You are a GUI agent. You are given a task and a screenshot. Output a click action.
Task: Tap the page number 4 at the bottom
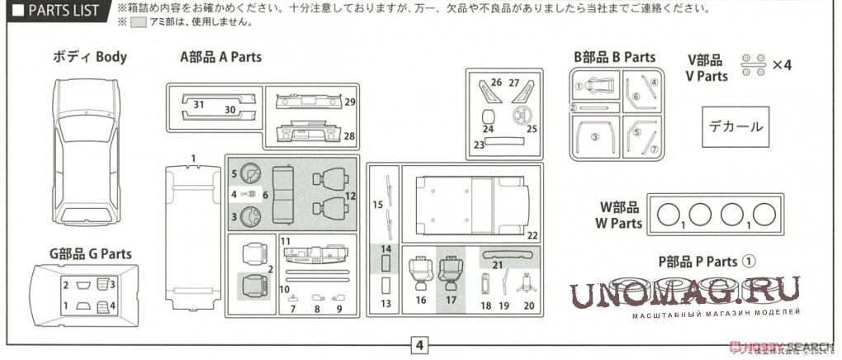coord(419,344)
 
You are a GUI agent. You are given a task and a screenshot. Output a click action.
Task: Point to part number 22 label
coord(532,235)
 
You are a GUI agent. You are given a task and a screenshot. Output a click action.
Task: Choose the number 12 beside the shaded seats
coord(350,196)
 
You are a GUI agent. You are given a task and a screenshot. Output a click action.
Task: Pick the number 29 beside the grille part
coord(349,102)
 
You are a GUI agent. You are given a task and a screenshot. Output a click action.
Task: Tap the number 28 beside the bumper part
coord(349,136)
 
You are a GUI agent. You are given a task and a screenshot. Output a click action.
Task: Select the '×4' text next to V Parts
coord(781,66)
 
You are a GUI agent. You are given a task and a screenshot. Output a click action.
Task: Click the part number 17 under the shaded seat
coord(451,301)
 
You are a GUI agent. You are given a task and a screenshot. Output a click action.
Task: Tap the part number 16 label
coord(420,301)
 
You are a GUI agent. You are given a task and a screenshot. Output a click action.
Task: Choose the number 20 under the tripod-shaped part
coord(529,306)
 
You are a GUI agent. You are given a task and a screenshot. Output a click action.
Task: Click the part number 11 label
coord(286,240)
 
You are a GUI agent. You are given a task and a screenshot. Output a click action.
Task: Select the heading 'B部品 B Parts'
coord(615,57)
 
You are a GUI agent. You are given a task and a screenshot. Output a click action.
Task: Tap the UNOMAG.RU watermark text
coord(685,293)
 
